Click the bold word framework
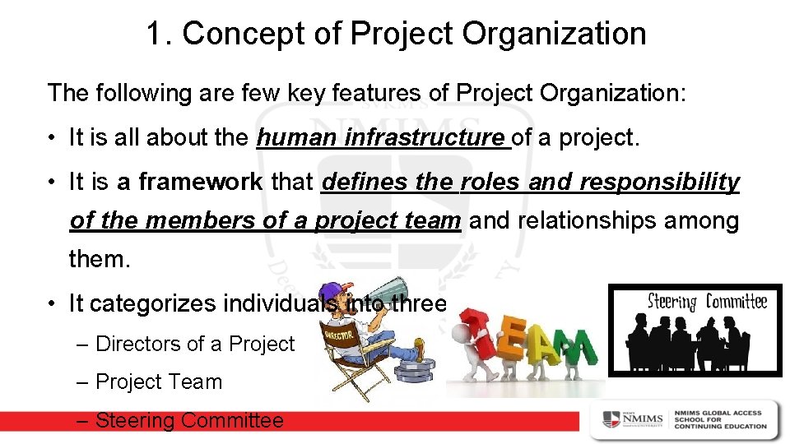point(201,182)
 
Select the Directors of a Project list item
point(195,344)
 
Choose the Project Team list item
point(159,382)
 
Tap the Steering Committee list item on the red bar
point(189,421)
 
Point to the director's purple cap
point(331,293)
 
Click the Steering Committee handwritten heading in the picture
point(695,301)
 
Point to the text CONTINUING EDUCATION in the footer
point(720,426)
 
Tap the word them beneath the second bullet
point(100,260)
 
